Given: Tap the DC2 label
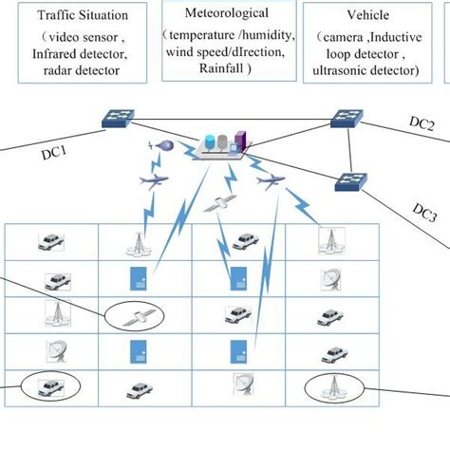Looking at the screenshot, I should tap(422, 124).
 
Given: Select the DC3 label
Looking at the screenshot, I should tap(423, 212).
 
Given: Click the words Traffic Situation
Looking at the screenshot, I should tap(77, 16).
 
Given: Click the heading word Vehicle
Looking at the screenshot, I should tap(367, 16).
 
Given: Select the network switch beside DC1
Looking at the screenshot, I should tap(122, 119).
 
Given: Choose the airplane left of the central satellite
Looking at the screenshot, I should tap(153, 179).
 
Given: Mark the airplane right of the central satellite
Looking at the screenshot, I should tap(272, 179).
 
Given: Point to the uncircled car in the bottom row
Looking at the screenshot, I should tap(140, 389).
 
